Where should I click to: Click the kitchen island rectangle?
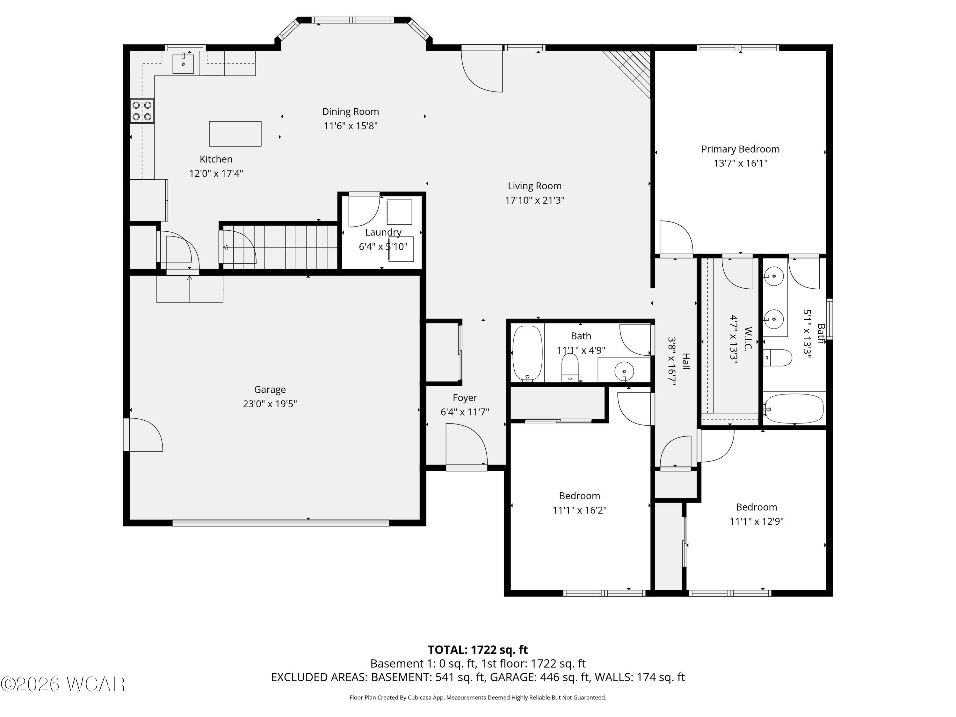click(x=235, y=134)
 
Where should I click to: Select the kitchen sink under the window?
click(x=183, y=63)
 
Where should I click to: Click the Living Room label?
click(x=535, y=186)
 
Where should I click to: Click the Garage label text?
click(x=270, y=389)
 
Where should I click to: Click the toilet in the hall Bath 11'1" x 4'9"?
click(x=570, y=367)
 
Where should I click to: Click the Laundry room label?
click(x=383, y=232)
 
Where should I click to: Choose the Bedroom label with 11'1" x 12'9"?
click(x=756, y=507)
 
